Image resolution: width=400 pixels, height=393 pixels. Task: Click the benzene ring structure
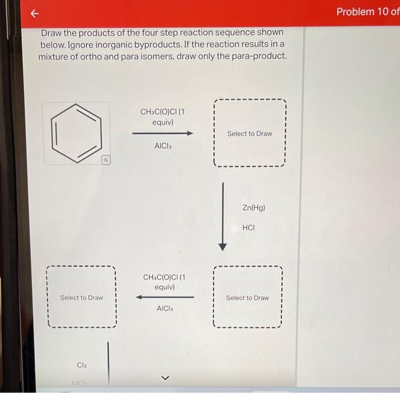click(76, 133)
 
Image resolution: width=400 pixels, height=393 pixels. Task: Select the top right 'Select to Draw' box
click(249, 134)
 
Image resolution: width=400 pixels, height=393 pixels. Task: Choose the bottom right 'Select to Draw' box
click(247, 298)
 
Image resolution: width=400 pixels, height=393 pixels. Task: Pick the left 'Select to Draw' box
click(82, 298)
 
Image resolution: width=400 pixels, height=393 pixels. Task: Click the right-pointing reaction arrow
click(163, 133)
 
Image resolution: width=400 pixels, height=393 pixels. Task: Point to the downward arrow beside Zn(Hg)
click(223, 217)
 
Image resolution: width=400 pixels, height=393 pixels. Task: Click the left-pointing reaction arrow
click(165, 297)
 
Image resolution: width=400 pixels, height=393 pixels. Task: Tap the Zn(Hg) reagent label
click(254, 208)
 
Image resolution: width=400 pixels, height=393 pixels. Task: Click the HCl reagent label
click(249, 227)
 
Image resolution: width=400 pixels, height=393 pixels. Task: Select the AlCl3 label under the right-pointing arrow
click(163, 146)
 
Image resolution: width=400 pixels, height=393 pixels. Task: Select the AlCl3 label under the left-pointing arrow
click(165, 308)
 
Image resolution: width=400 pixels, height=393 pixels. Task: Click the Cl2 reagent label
click(82, 365)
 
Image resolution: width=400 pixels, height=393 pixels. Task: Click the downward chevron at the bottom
click(165, 378)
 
